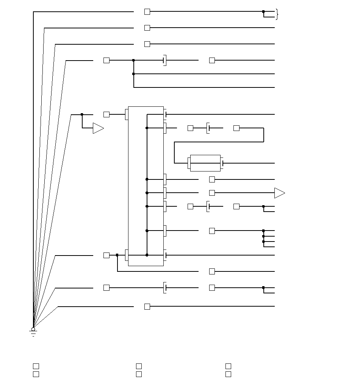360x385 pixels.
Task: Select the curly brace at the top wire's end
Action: (277, 14)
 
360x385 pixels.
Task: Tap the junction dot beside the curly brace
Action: (263, 12)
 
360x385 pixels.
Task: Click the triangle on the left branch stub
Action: (98, 128)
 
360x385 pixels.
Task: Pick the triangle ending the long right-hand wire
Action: (279, 193)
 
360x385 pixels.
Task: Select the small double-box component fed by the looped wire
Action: (205, 163)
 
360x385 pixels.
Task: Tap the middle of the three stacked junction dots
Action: (263, 236)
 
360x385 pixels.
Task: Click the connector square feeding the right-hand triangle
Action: (212, 193)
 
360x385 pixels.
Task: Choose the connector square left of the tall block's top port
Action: (106, 114)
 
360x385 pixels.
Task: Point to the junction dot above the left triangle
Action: (82, 114)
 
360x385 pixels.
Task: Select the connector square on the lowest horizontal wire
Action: (147, 307)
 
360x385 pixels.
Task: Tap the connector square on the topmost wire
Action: (147, 12)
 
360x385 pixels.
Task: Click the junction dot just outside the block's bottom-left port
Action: (117, 255)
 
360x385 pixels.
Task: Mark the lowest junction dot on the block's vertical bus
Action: (147, 255)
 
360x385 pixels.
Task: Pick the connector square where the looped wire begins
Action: (236, 128)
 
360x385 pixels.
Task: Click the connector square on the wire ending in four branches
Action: (212, 231)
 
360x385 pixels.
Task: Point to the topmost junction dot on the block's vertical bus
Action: (147, 128)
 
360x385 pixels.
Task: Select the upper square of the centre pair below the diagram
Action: (139, 366)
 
